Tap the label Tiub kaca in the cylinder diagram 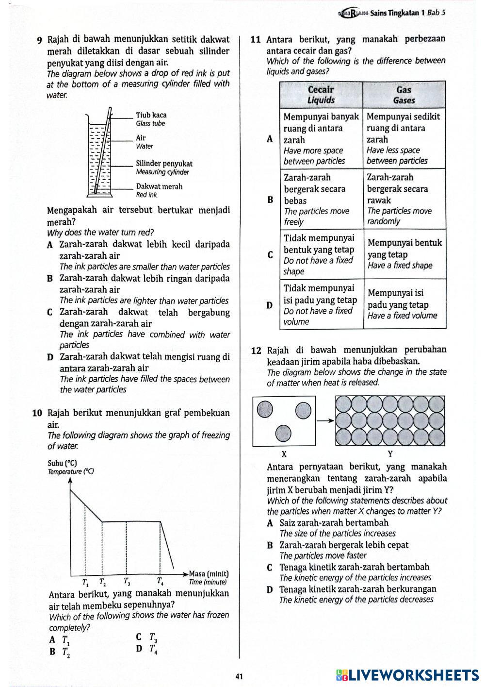click(151, 116)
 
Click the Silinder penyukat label click(164, 164)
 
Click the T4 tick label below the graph click(160, 581)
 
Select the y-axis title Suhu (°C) click(62, 463)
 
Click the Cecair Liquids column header click(321, 95)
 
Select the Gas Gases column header click(404, 95)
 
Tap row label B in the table click(270, 200)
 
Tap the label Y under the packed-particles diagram click(390, 454)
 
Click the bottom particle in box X click(282, 434)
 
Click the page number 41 click(239, 676)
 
